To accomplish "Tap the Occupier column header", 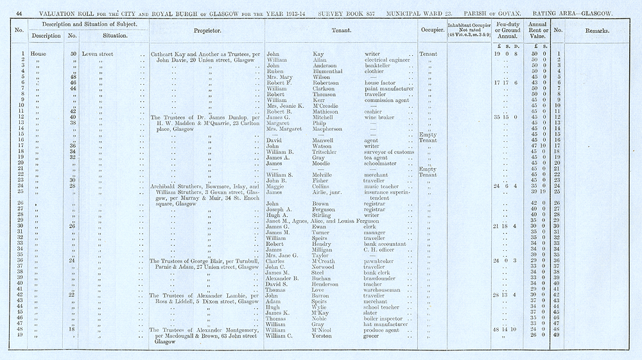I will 429,30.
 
